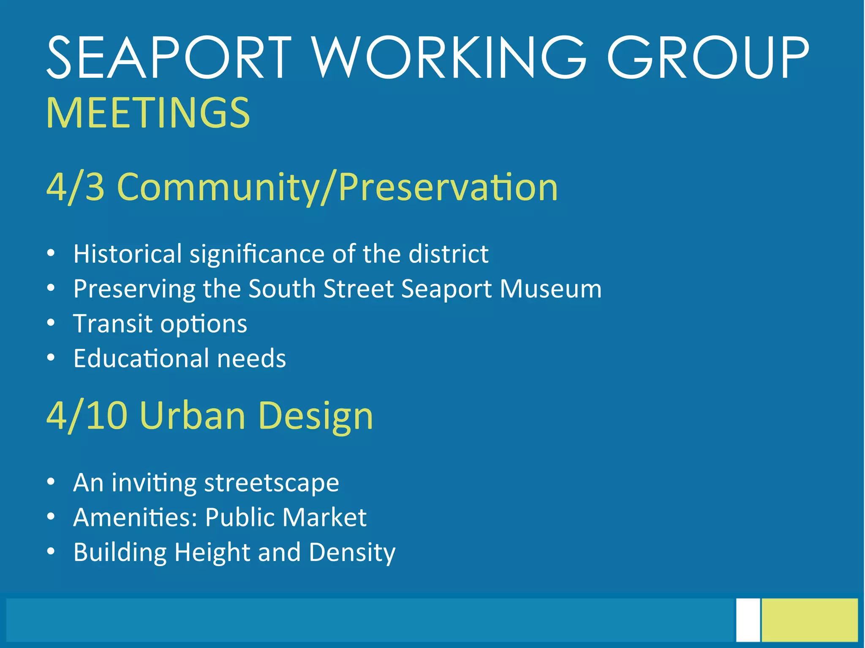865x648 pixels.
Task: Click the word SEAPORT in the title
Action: (x=169, y=58)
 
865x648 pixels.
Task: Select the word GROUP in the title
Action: (x=707, y=58)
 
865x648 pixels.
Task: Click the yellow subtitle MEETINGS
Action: (x=148, y=113)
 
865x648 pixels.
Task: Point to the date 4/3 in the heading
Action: (x=75, y=187)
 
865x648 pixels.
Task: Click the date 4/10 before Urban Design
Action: (x=87, y=416)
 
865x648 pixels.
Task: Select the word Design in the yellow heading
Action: (x=316, y=416)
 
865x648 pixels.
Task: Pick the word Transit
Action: (x=112, y=324)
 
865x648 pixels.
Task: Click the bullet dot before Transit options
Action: (x=51, y=323)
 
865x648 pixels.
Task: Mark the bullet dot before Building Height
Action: (x=51, y=552)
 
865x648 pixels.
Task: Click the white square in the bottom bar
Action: (x=748, y=620)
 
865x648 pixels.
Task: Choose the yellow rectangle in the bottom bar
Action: (x=810, y=620)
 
